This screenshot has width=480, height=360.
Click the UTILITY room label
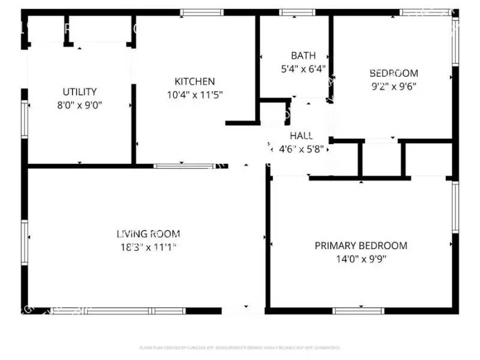80,92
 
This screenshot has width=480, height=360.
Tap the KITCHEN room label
194,82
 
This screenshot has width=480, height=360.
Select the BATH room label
303,56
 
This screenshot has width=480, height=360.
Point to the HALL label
301,136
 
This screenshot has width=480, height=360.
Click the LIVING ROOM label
148,234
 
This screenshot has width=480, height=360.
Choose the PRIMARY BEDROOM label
361,245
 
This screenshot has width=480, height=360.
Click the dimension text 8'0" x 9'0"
80,104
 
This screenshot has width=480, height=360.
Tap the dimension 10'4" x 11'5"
194,94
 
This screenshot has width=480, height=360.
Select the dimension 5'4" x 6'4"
303,68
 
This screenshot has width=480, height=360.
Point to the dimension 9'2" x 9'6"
393,86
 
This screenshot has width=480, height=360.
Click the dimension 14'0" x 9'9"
361,259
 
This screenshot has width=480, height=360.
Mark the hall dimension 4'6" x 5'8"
298,149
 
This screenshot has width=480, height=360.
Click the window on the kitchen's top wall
202,12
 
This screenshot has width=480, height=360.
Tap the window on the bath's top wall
298,12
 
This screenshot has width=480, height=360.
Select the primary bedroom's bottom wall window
358,310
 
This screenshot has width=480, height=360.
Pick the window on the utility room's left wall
25,119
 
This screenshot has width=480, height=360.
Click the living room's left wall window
25,242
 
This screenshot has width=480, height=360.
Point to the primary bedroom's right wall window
455,208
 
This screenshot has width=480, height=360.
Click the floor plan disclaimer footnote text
240,347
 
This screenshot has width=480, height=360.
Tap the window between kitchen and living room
184,166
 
